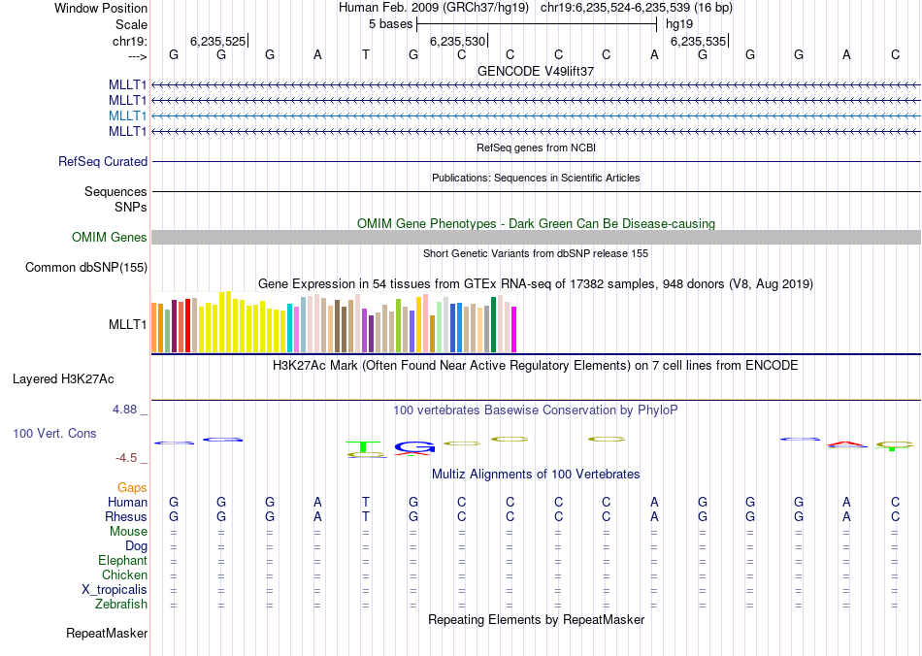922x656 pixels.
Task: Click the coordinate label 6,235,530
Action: [x=457, y=42]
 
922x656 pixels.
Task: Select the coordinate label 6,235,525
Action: [x=217, y=42]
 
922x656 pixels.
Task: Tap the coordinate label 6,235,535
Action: [x=697, y=42]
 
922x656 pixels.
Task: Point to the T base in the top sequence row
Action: [x=366, y=54]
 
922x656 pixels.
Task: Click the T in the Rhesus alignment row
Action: [x=366, y=517]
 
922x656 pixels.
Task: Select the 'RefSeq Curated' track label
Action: [x=103, y=162]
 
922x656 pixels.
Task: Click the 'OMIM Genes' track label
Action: [x=110, y=238]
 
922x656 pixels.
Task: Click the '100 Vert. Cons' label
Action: [x=54, y=433]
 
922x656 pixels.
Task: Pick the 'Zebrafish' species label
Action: [x=121, y=605]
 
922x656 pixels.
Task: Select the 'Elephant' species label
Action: [x=122, y=561]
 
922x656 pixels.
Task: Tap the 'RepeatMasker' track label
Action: [x=107, y=634]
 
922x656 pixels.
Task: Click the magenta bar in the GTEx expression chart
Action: [x=513, y=329]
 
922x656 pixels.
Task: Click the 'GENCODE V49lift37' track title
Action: [x=536, y=72]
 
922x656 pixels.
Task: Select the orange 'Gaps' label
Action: [x=132, y=487]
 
